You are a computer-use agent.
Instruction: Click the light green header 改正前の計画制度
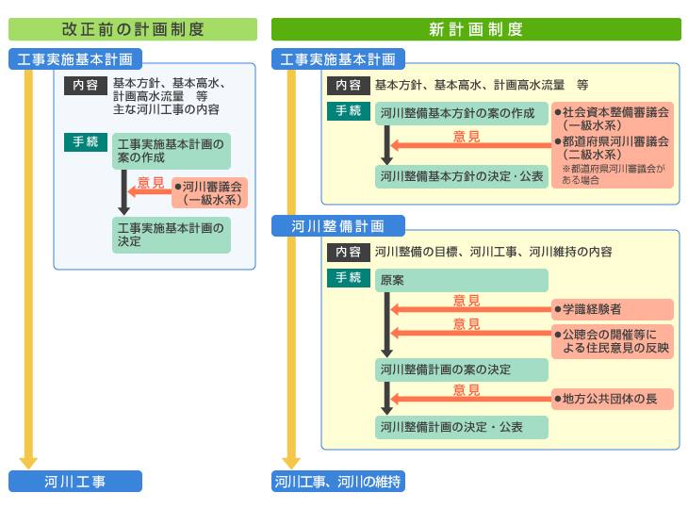[x=133, y=29]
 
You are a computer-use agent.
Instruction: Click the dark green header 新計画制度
[x=476, y=29]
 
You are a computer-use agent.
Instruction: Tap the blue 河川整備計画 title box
[x=337, y=226]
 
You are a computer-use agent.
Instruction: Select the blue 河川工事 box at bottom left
[x=75, y=482]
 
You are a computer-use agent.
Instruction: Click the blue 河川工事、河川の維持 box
[x=337, y=482]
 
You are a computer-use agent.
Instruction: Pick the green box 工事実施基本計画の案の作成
[x=172, y=151]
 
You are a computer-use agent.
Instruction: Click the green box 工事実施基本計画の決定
[x=172, y=235]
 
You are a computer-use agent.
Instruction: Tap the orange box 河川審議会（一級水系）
[x=210, y=192]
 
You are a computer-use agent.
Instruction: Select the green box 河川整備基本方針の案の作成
[x=462, y=113]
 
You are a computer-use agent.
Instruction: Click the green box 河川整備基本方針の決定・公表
[x=462, y=176]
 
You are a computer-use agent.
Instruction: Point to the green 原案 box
[x=462, y=280]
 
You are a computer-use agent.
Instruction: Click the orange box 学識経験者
[x=613, y=309]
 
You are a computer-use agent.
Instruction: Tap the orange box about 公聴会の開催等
[x=613, y=341]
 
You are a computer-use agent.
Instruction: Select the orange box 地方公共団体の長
[x=613, y=399]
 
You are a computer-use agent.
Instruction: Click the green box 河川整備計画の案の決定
[x=462, y=369]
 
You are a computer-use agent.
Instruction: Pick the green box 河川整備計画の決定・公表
[x=462, y=427]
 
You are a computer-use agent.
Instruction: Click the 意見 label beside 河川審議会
[x=151, y=182]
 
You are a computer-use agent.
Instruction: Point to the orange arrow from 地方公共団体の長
[x=471, y=399]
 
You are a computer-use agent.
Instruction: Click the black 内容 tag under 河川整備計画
[x=349, y=252]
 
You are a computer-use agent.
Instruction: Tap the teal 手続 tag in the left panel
[x=86, y=142]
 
